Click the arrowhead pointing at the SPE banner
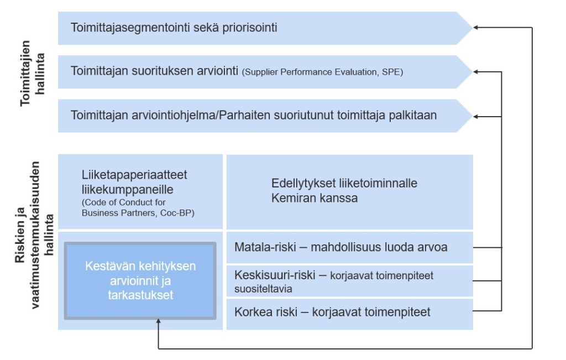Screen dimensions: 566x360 (476, 72)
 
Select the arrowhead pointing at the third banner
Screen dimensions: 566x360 (476, 117)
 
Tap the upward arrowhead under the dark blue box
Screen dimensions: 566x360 (158, 321)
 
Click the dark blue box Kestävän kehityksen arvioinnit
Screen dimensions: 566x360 (140, 280)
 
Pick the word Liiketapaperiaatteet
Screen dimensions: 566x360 (134, 175)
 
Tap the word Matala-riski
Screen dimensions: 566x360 (265, 247)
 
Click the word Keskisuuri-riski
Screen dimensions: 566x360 (275, 275)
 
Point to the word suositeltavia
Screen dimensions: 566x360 (263, 289)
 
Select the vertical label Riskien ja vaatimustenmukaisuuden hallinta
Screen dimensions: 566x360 (34, 234)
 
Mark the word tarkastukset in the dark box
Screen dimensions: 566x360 (140, 295)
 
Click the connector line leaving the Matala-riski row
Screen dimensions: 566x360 (488, 247)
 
